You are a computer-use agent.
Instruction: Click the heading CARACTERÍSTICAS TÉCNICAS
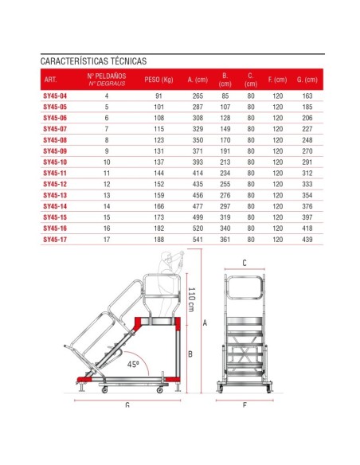coord(93,61)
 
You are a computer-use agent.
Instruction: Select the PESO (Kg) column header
coord(159,80)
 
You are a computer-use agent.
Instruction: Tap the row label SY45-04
coord(55,96)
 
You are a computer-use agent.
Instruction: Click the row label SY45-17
coord(55,238)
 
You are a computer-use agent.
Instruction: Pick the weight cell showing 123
coord(159,139)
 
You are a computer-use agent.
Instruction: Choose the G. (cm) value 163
coord(306,96)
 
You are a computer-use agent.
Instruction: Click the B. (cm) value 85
coord(225,96)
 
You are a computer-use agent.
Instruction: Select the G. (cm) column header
coord(306,80)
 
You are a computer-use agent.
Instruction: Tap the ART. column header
coord(51,80)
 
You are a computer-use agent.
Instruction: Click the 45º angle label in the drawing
coord(134,365)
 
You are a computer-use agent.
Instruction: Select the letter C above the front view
coord(245,262)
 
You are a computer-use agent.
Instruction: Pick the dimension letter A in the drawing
coord(205,323)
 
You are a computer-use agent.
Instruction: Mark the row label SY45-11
coord(55,172)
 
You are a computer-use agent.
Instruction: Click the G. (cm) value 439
coord(306,238)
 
